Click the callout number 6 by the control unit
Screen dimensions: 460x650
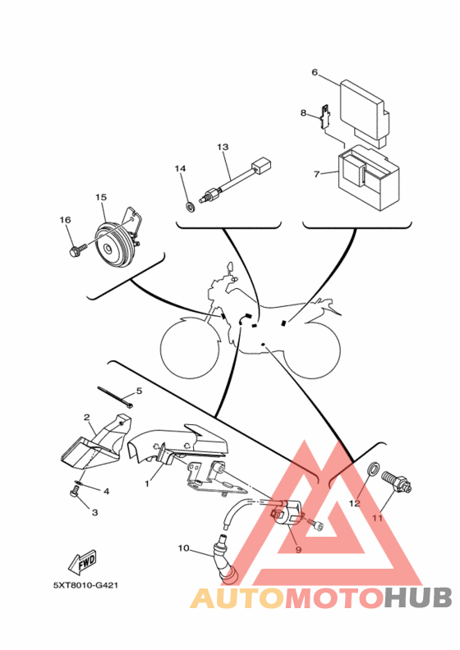(315, 72)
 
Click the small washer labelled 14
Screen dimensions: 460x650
(191, 206)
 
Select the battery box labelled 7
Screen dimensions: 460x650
(369, 176)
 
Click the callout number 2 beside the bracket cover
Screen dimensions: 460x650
(87, 417)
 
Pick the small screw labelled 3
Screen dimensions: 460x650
(73, 493)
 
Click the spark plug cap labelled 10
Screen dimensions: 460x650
(225, 559)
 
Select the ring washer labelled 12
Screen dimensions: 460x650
(372, 468)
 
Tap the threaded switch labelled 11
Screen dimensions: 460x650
(397, 483)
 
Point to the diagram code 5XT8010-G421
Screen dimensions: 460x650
(86, 586)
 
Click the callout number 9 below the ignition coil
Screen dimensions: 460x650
(298, 550)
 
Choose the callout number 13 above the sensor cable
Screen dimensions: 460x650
(223, 147)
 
